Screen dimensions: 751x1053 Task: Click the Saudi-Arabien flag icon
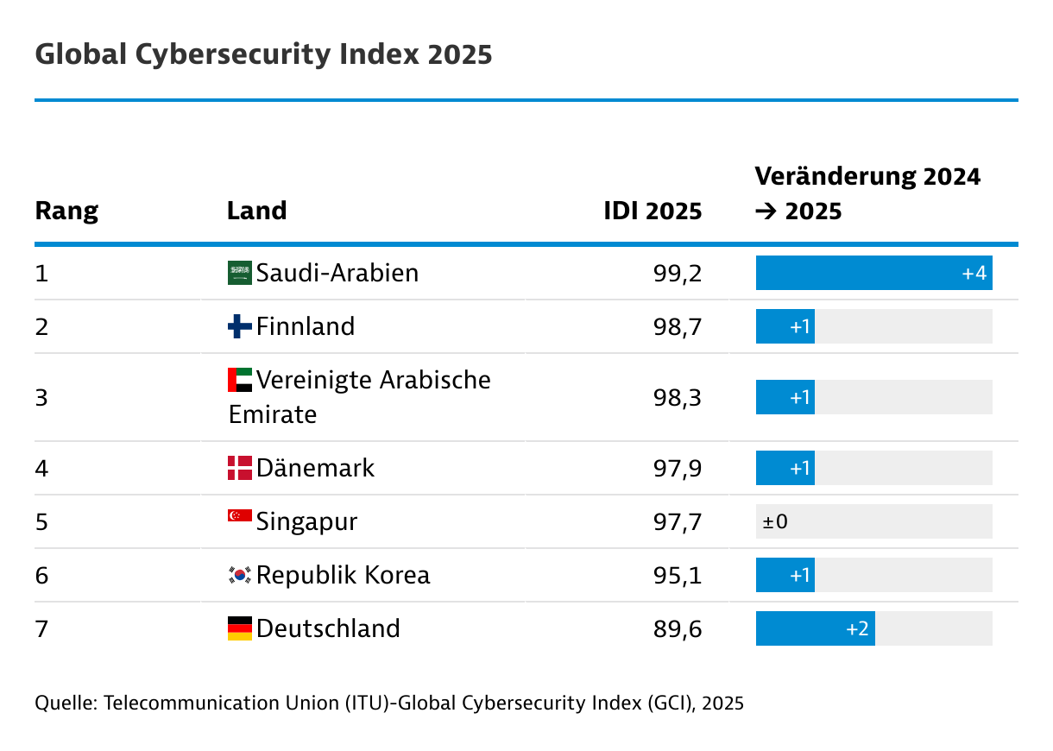tap(239, 273)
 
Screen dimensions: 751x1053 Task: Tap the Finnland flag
tap(239, 326)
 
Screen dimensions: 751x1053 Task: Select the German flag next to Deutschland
tap(239, 628)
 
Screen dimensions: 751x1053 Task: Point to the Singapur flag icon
tap(239, 516)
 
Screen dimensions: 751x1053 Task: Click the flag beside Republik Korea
tap(239, 575)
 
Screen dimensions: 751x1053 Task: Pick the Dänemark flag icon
tap(239, 468)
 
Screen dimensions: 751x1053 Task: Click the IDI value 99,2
tap(678, 274)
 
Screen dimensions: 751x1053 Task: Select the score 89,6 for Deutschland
tap(678, 629)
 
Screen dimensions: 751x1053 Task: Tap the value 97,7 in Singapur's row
tap(678, 522)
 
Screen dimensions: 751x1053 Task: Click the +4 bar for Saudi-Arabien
tap(873, 274)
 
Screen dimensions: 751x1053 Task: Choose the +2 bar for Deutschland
tap(815, 629)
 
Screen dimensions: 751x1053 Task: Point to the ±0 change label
tap(775, 522)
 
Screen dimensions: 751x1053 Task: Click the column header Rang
tap(66, 211)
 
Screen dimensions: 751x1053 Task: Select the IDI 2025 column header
tap(653, 211)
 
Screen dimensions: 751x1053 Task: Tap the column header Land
tap(256, 211)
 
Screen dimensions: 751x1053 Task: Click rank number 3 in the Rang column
tap(41, 398)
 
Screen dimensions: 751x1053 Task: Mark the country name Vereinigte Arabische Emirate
tap(360, 397)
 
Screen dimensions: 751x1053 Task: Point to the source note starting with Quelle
tap(388, 703)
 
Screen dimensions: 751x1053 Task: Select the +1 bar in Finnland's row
tap(785, 327)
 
